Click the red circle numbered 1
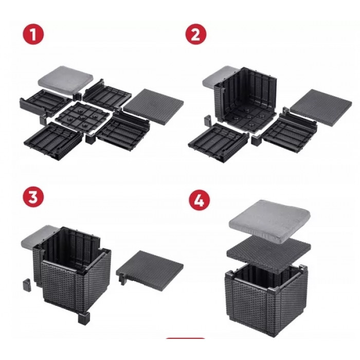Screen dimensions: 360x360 click(x=33, y=34)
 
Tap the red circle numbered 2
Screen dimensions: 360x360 click(x=196, y=34)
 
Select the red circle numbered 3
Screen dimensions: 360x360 click(x=33, y=197)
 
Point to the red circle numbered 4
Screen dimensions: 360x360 click(x=200, y=200)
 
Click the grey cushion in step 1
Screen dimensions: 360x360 click(x=66, y=79)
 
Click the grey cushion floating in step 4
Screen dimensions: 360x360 click(x=269, y=221)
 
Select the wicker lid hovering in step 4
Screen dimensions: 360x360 click(x=268, y=255)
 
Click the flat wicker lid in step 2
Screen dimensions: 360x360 click(x=321, y=107)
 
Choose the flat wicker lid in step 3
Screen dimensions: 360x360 click(x=150, y=269)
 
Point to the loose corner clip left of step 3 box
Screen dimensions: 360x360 click(x=27, y=285)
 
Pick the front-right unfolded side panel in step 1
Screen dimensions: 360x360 click(x=123, y=132)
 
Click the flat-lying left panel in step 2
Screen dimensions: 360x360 click(x=218, y=142)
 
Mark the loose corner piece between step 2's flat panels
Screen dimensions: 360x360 click(x=256, y=139)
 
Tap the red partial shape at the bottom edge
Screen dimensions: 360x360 click(x=185, y=338)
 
